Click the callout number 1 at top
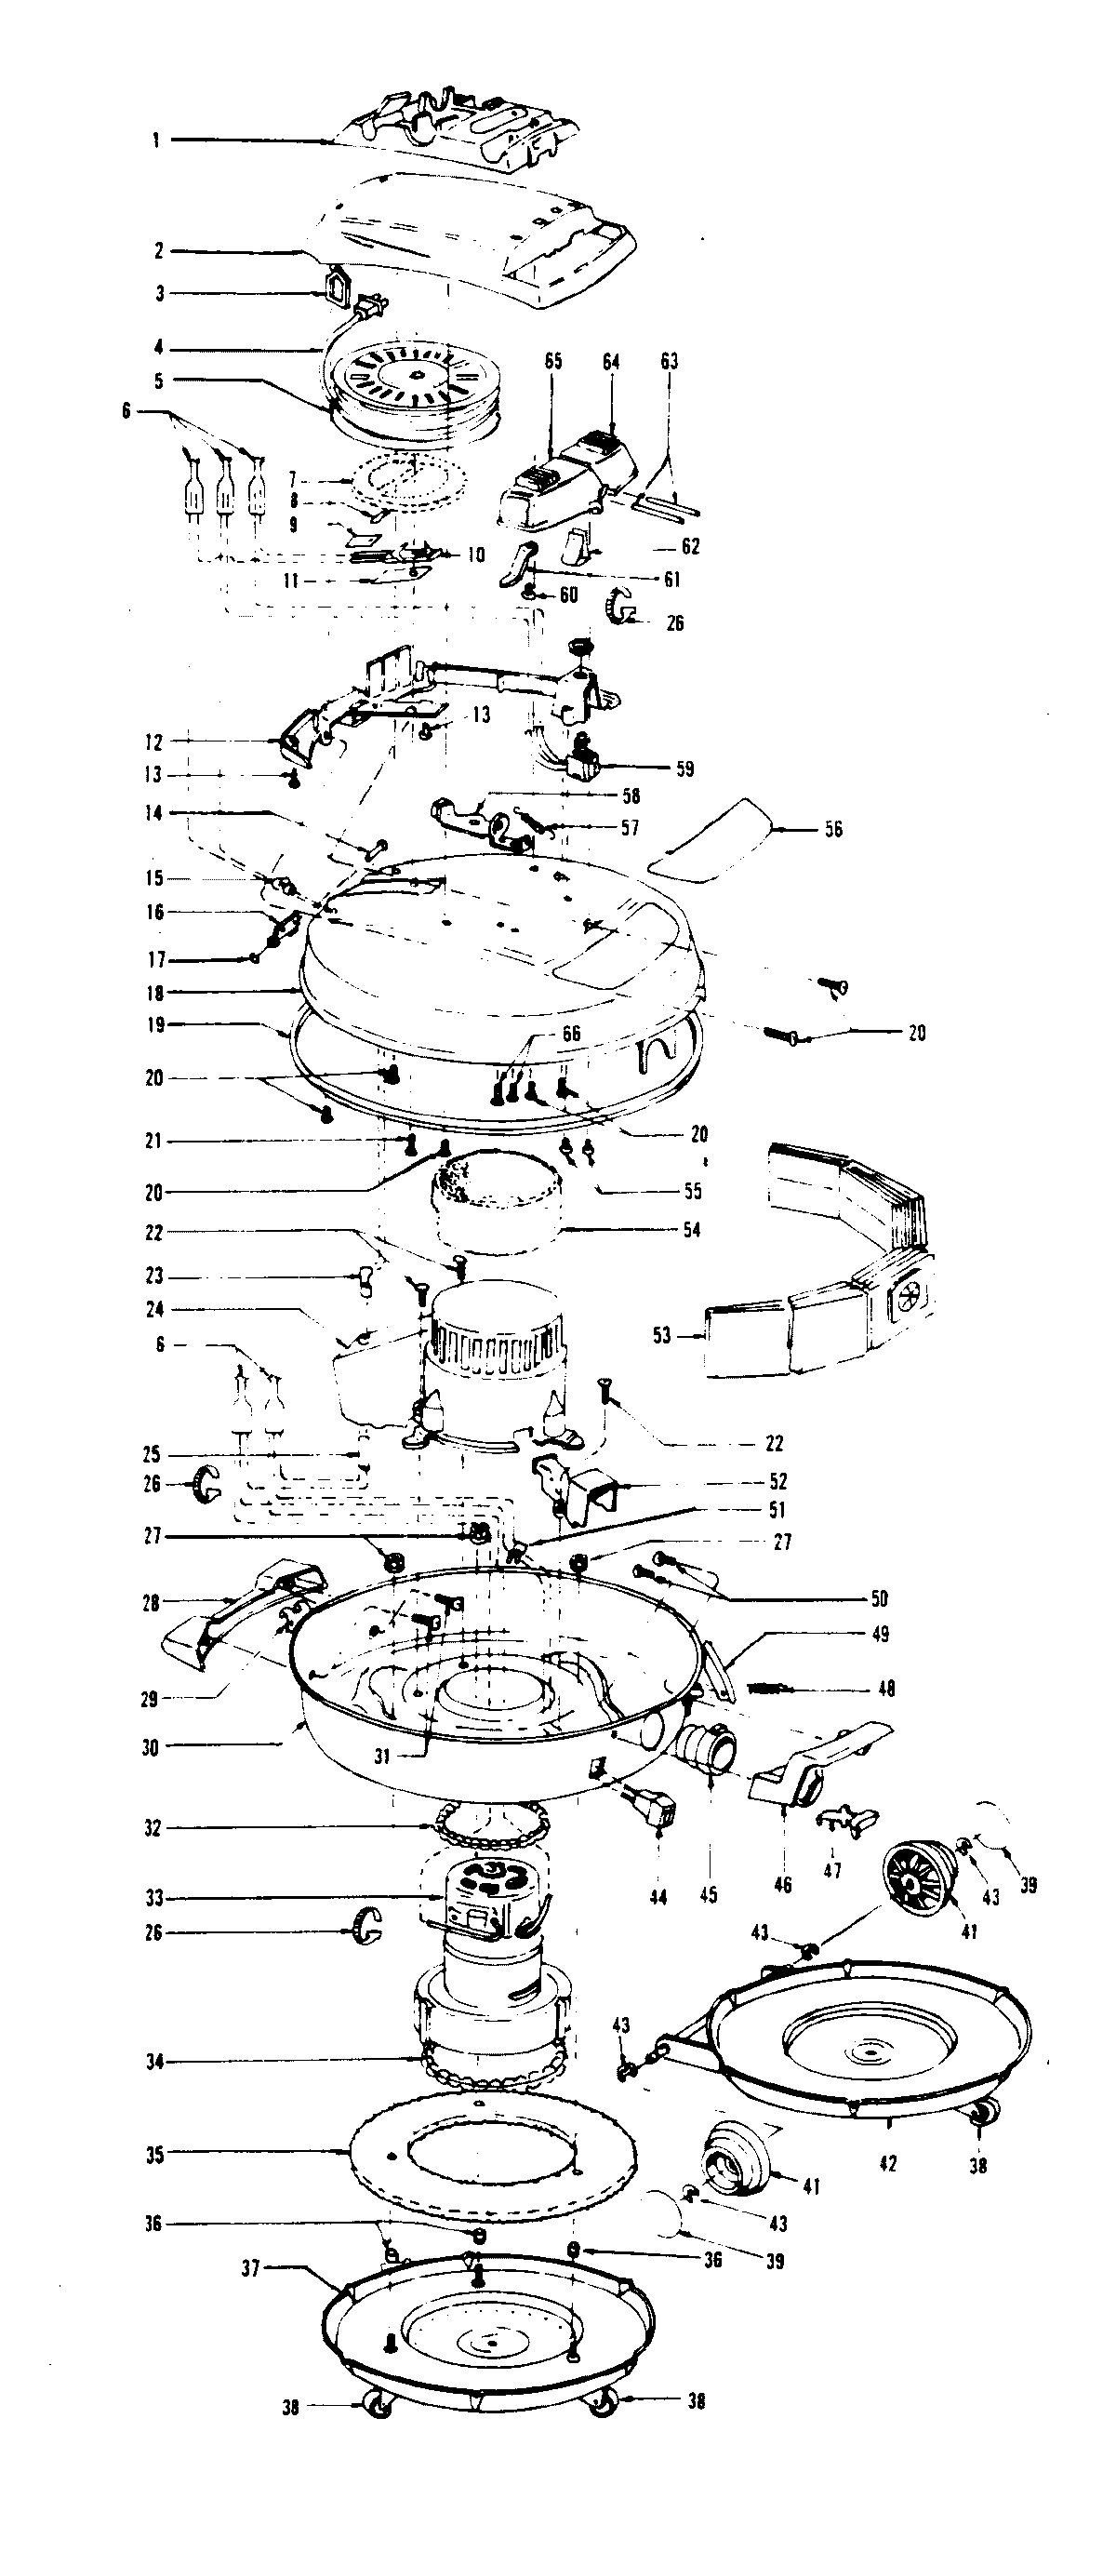[155, 140]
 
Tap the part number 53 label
[661, 1335]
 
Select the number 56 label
[834, 829]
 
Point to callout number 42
[887, 2164]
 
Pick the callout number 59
[685, 768]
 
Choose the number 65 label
[552, 362]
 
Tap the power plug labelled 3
[338, 288]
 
